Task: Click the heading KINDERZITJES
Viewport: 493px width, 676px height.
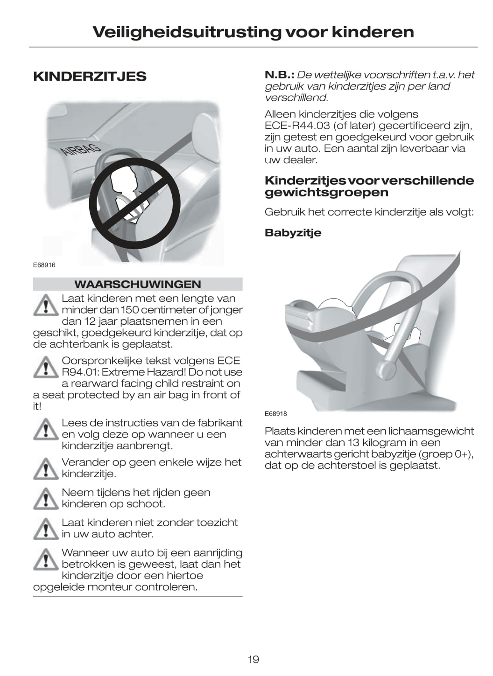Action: tap(90, 77)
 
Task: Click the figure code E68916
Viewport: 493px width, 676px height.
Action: tap(44, 265)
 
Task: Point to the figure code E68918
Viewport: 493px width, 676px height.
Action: tap(275, 414)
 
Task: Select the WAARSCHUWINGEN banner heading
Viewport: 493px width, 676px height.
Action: tap(137, 284)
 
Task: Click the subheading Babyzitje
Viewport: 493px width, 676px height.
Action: tap(293, 233)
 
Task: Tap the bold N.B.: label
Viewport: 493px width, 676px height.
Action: tap(280, 75)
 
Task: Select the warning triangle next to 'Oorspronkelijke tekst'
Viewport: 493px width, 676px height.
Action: tap(46, 367)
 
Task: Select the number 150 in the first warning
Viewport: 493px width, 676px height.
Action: tap(129, 310)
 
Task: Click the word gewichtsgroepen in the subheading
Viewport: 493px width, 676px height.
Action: tap(326, 193)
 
